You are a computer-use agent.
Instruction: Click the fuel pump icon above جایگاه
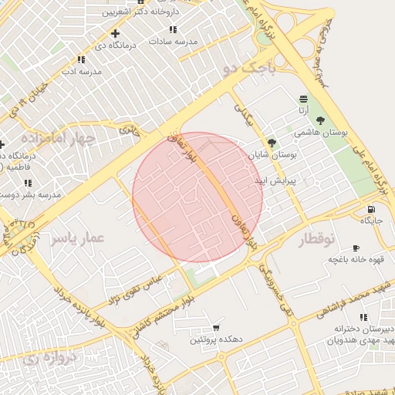(372, 209)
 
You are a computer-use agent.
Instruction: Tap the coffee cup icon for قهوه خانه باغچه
(355, 248)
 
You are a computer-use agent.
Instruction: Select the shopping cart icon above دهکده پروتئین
(216, 328)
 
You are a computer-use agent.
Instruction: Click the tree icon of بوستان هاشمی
(320, 121)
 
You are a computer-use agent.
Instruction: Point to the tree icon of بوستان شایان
(272, 143)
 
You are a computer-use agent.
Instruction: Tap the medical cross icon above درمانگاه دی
(115, 33)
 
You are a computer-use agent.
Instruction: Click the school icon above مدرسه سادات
(173, 29)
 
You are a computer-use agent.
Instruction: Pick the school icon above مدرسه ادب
(81, 59)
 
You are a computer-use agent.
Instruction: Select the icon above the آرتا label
(303, 99)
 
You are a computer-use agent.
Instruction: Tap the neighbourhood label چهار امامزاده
(58, 139)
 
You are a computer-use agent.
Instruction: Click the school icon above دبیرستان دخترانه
(363, 316)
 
